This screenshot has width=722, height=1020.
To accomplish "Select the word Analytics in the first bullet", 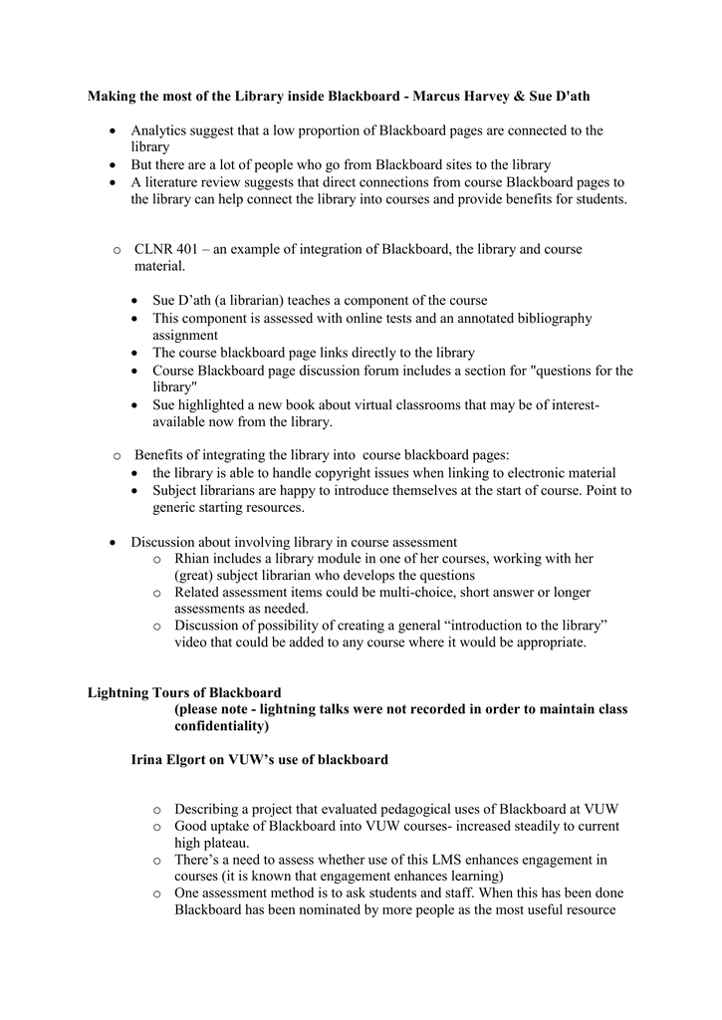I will pos(159,130).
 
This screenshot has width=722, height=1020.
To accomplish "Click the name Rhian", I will pos(193,559).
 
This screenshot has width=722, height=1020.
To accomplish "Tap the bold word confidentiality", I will pos(218,726).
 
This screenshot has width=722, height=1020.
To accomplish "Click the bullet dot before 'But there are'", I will pos(115,164).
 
